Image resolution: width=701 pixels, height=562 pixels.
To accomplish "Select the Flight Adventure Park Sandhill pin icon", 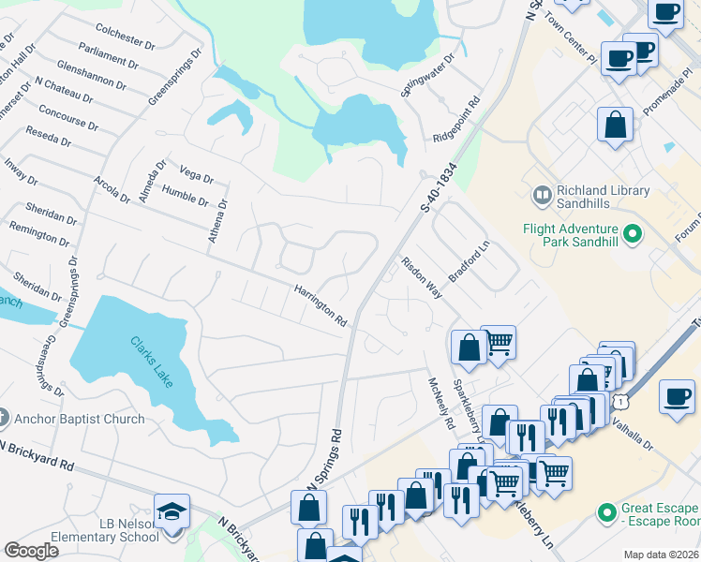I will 632,233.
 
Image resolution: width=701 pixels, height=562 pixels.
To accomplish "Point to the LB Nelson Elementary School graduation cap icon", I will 172,511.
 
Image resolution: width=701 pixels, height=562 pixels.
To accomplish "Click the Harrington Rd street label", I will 321,305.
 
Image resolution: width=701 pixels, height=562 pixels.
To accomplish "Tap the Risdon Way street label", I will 422,277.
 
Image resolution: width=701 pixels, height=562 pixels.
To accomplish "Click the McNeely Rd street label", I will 440,404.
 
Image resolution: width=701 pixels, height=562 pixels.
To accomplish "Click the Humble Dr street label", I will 185,195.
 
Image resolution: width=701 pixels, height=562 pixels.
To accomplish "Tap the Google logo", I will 31,551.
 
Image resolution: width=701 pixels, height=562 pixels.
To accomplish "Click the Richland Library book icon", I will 542,196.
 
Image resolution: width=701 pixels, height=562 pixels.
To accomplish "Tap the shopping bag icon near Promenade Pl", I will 615,125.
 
